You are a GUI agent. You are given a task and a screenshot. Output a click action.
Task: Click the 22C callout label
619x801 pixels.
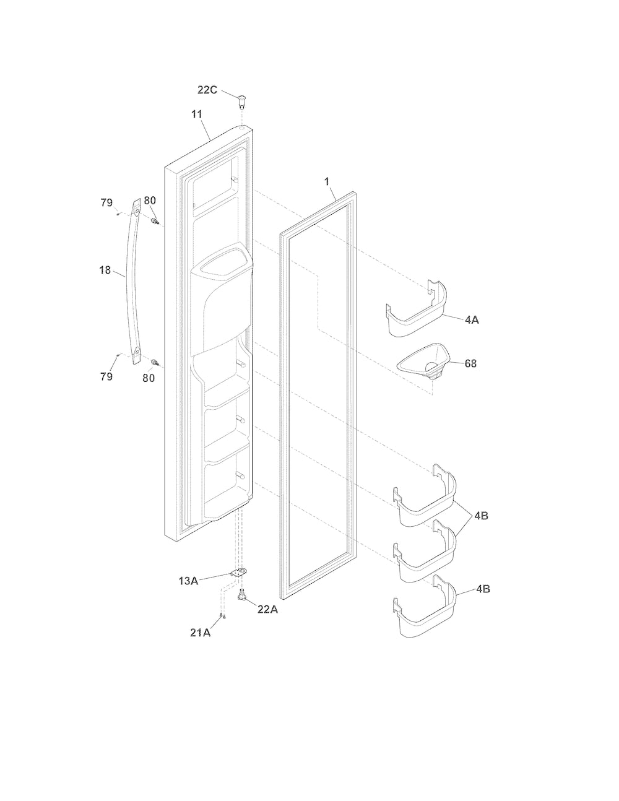point(207,90)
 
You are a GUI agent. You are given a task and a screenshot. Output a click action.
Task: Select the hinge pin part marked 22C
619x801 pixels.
point(241,102)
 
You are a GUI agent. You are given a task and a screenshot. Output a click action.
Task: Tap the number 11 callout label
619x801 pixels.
point(197,115)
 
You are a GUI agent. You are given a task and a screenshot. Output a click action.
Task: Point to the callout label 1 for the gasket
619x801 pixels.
point(326,181)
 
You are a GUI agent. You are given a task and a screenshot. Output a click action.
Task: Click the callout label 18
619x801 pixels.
point(105,270)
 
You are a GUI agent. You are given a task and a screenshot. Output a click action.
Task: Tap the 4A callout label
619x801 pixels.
point(472,319)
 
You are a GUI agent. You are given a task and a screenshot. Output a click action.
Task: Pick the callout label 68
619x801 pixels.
point(470,363)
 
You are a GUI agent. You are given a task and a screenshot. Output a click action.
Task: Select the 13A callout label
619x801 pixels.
point(188,581)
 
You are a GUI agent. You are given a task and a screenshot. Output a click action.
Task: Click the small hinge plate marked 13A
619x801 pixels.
point(238,573)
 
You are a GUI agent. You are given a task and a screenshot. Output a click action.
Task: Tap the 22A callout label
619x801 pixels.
point(267,609)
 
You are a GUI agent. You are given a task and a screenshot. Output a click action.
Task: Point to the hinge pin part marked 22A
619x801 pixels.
point(242,595)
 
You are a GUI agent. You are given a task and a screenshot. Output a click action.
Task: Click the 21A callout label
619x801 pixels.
point(201,633)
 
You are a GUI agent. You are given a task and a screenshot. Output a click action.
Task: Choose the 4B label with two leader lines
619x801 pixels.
point(481,516)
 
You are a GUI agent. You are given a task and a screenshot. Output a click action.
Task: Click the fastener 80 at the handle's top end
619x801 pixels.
point(155,221)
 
